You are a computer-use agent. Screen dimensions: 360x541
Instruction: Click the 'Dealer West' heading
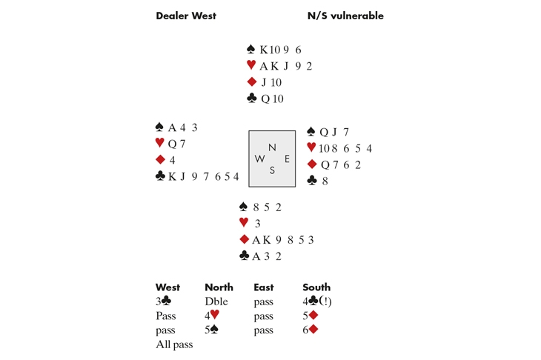(x=185, y=16)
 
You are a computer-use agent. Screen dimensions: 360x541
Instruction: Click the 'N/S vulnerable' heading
(x=345, y=16)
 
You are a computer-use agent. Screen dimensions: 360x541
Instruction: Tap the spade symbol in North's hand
(x=251, y=50)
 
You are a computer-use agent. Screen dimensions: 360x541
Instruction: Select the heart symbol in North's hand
(x=251, y=66)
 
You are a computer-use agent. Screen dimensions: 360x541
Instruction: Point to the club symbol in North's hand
(x=251, y=99)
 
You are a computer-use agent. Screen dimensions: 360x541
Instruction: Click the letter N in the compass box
(x=272, y=147)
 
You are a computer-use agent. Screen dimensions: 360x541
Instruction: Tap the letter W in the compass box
(x=259, y=159)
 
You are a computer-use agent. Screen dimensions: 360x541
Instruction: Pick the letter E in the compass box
(x=286, y=159)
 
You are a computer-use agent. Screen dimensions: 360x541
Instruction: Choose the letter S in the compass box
(x=272, y=170)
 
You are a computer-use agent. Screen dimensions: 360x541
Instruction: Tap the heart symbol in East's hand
(x=311, y=148)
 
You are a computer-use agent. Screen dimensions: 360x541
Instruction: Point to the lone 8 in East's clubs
(x=324, y=181)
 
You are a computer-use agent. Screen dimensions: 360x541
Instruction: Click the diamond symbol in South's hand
(x=244, y=239)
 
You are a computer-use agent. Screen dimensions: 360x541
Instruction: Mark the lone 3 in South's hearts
(x=256, y=223)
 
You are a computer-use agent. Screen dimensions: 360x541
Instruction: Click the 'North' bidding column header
(x=219, y=287)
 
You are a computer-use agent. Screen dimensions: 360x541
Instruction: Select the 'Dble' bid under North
(x=216, y=302)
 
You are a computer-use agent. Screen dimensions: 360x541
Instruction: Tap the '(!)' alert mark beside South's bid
(x=325, y=302)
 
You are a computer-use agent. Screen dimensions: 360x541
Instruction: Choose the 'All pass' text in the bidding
(x=174, y=344)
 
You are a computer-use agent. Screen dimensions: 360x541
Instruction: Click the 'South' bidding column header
(x=316, y=287)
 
